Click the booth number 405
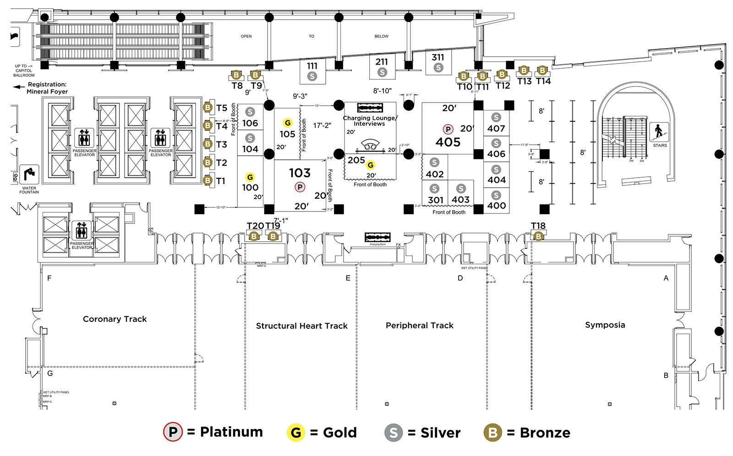point(448,142)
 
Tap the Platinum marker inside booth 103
point(300,187)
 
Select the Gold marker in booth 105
point(288,123)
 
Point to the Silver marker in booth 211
point(382,72)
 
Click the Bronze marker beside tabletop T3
point(208,144)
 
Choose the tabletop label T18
point(538,226)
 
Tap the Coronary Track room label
point(115,319)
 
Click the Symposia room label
point(605,325)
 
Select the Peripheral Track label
point(419,326)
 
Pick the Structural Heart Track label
point(301,326)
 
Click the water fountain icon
point(29,174)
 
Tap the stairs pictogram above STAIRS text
point(659,132)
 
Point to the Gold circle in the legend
point(296,433)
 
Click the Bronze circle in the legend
point(493,433)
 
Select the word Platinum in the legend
point(231,432)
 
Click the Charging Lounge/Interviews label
point(370,121)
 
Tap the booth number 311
point(438,57)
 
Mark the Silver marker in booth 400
point(496,195)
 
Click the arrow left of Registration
point(19,87)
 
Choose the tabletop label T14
point(543,81)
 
